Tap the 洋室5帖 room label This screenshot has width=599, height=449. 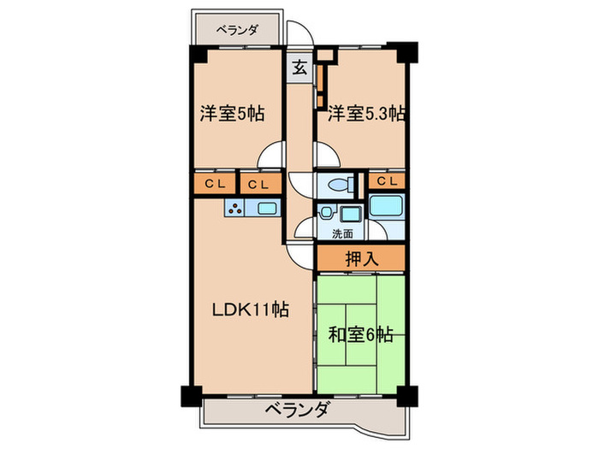pyautogui.click(x=232, y=114)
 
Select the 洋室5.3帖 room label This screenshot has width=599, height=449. pyautogui.click(x=363, y=114)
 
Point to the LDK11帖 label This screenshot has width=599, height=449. pyautogui.click(x=250, y=310)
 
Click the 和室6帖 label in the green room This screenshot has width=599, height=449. pyautogui.click(x=361, y=334)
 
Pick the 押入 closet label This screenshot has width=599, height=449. pyautogui.click(x=359, y=258)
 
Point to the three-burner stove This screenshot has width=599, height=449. pyautogui.click(x=235, y=208)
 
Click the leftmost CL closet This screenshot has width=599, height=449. pyautogui.click(x=214, y=183)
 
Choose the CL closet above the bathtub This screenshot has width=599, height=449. pyautogui.click(x=386, y=181)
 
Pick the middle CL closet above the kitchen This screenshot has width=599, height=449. pyautogui.click(x=259, y=183)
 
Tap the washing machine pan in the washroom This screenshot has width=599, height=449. pyautogui.click(x=350, y=214)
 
